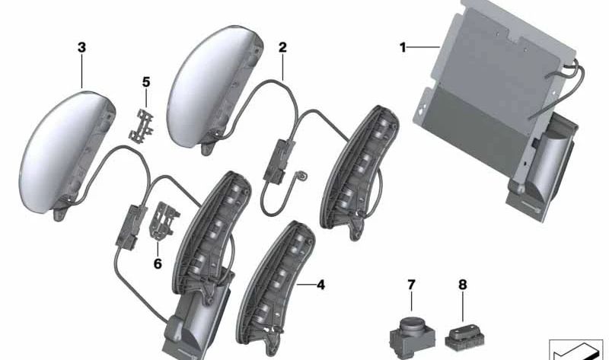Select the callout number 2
tap(282, 47)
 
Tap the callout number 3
tap(81, 47)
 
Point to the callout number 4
tap(320, 285)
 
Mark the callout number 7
tap(411, 285)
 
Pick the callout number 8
tap(461, 285)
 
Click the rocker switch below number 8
tap(463, 332)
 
